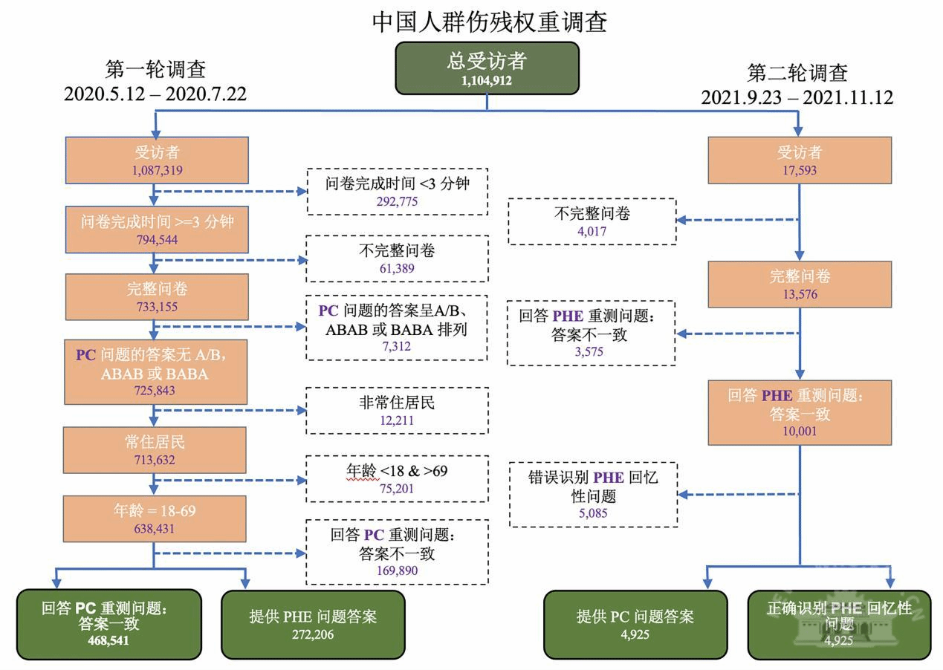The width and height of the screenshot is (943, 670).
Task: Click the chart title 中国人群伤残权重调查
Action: tap(490, 22)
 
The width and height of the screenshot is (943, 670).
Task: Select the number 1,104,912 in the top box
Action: tap(487, 81)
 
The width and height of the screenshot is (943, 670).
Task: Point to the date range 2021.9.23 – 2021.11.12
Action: tap(797, 97)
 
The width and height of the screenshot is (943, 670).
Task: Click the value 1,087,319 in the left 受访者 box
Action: tap(157, 170)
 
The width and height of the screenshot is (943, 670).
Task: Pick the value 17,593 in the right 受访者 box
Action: tap(800, 170)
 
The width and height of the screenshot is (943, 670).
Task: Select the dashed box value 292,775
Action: tap(396, 201)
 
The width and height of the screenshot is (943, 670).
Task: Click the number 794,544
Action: tap(155, 239)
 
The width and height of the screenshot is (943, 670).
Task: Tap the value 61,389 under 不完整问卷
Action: tap(396, 268)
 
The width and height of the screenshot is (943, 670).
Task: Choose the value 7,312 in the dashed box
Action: tap(396, 346)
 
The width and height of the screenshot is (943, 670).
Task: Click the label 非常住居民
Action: tap(396, 403)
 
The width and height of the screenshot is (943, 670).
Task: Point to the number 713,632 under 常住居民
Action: tap(155, 460)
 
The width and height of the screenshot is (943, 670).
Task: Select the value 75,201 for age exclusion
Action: tap(396, 488)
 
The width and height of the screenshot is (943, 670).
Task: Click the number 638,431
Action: tap(155, 528)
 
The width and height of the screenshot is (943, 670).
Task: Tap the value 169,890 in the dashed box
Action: tap(396, 570)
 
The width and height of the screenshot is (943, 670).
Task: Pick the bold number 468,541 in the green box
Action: tap(108, 640)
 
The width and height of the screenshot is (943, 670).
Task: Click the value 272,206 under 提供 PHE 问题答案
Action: tap(313, 634)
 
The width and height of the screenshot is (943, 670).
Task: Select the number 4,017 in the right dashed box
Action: tap(592, 230)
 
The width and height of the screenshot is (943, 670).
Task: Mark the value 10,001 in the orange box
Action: tap(800, 431)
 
